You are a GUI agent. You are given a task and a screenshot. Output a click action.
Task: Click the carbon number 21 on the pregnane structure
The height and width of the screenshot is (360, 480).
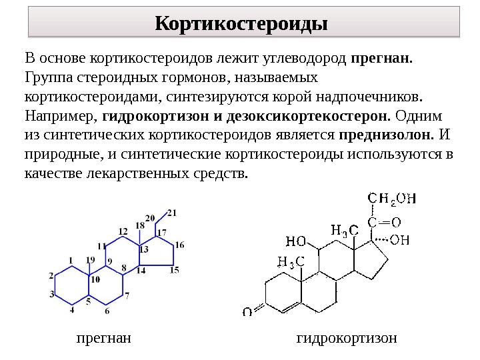172,213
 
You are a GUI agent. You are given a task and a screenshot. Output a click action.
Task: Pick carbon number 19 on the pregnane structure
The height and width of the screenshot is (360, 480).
91,259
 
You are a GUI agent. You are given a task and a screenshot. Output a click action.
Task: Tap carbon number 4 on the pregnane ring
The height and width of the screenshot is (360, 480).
73,310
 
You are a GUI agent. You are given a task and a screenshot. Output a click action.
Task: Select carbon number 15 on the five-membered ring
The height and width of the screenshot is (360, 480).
175,270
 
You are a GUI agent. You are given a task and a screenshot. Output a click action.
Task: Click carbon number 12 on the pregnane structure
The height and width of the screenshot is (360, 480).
123,231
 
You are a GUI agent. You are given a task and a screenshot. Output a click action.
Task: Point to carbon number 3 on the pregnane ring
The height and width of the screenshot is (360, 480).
52,294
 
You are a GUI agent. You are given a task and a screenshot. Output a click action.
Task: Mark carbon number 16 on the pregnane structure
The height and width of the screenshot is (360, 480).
179,245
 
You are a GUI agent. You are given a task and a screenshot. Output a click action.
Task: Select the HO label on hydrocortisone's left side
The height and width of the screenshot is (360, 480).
296,240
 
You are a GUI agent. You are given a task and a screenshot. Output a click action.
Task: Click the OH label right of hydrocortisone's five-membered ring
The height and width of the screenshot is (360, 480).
399,240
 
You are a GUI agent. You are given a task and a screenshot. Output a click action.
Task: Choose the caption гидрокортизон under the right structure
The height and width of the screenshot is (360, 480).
346,338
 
